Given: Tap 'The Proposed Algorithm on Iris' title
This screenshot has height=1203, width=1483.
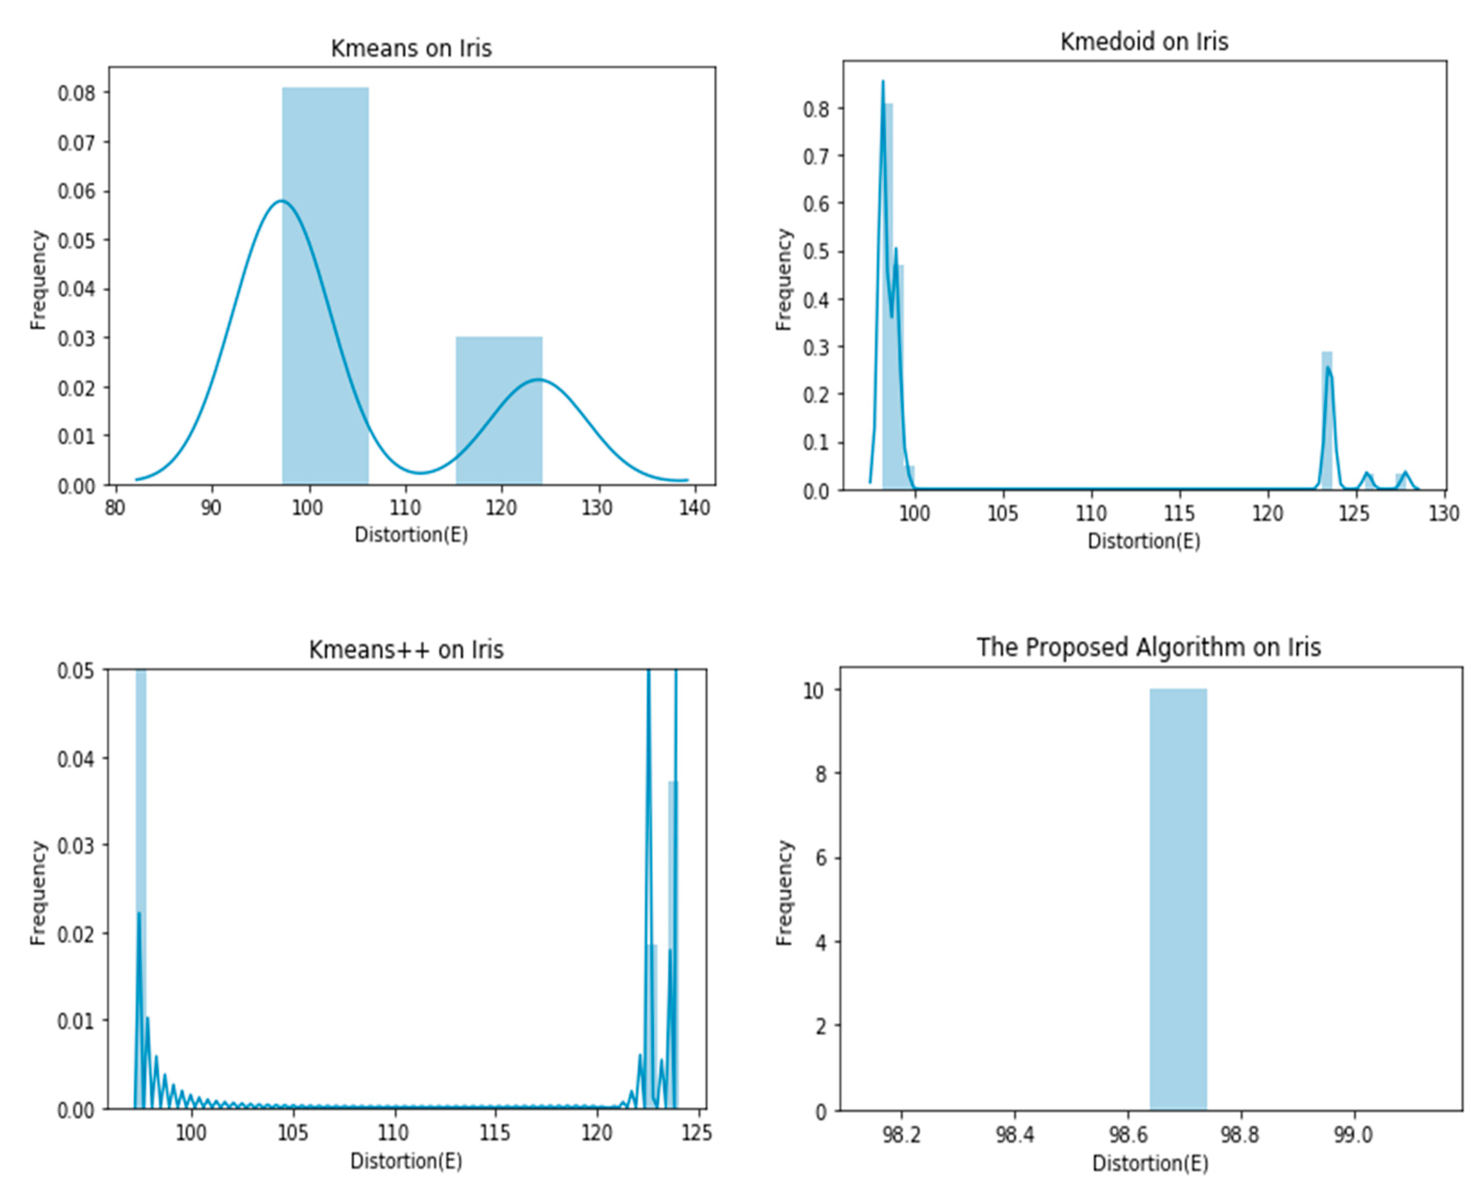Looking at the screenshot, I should (x=1148, y=647).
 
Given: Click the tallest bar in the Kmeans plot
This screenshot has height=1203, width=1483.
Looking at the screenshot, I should (x=325, y=284).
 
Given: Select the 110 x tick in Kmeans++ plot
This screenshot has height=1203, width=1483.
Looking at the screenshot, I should (x=393, y=1133).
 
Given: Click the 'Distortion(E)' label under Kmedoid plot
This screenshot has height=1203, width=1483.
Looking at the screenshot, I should (x=1144, y=541).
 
